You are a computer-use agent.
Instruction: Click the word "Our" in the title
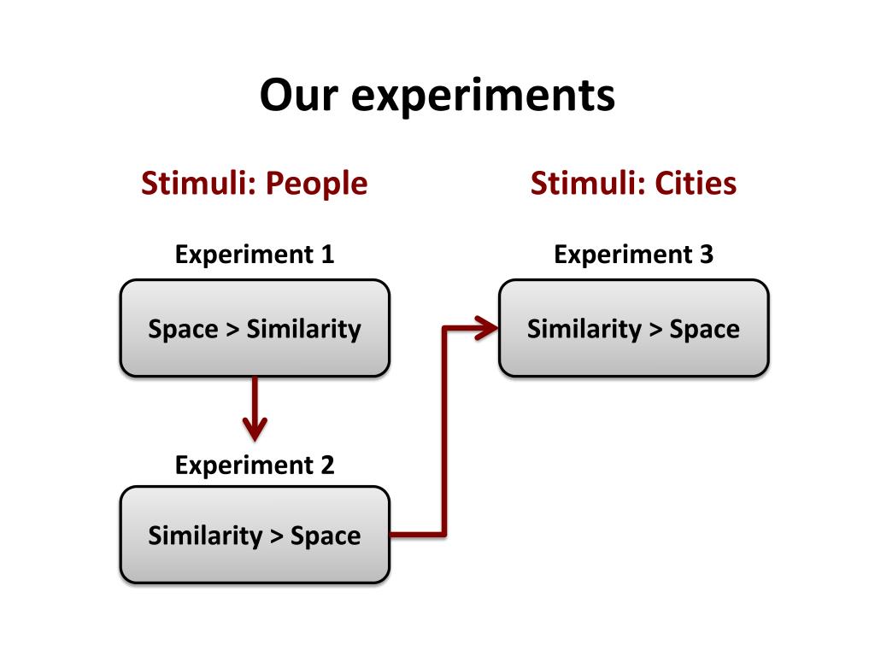[x=298, y=95]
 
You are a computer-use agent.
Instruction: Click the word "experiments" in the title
[x=483, y=97]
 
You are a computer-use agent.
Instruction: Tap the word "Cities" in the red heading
[x=696, y=183]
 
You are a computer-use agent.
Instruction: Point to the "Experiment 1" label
[x=255, y=254]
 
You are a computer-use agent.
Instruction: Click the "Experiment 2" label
[x=255, y=466]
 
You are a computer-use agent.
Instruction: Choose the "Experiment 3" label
[x=633, y=254]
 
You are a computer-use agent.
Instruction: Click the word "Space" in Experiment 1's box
[x=183, y=329]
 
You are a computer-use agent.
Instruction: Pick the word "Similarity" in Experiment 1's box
[x=303, y=329]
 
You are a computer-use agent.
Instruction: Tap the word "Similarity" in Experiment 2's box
[x=205, y=536]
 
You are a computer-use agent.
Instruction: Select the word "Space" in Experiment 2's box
[x=326, y=536]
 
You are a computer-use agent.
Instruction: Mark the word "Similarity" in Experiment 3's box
[x=584, y=329]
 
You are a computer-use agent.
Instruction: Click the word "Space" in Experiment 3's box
[x=704, y=329]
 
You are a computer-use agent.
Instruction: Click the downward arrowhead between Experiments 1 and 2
[x=255, y=426]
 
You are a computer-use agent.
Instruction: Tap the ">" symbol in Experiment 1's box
[x=232, y=330]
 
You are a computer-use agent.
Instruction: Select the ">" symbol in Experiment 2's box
[x=276, y=536]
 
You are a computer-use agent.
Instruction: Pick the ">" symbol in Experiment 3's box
[x=655, y=330]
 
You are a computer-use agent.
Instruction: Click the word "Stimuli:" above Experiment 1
[x=197, y=183]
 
